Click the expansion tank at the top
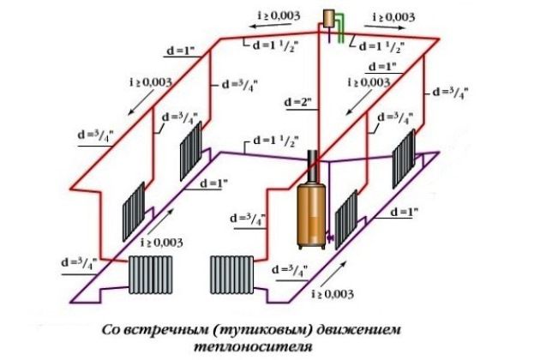329,17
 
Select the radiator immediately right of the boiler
345,218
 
